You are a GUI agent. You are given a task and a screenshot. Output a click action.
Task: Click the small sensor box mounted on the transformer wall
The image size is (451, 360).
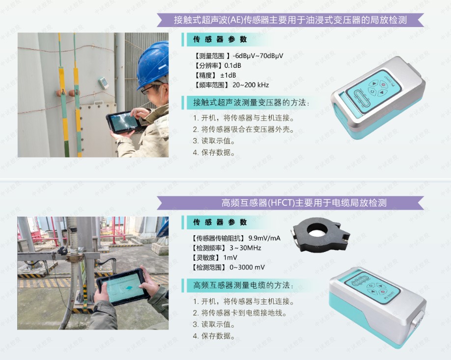[x=103, y=83]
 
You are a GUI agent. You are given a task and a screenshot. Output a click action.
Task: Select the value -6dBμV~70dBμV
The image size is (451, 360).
[x=258, y=56]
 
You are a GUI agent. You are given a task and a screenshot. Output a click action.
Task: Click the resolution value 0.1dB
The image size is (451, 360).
[x=233, y=65]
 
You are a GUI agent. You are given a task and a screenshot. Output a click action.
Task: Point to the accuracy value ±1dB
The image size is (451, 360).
[x=228, y=75]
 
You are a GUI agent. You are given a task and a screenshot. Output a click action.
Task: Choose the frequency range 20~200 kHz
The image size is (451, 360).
[x=251, y=85]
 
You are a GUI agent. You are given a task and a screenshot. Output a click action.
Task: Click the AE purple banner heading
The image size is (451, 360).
[x=290, y=20]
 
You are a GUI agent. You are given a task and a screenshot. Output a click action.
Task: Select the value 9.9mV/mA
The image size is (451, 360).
[x=264, y=238]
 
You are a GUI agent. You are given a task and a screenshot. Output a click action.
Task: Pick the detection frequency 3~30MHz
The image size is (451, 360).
[x=245, y=248]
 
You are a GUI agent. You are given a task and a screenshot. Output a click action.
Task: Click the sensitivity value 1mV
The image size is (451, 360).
[x=230, y=258]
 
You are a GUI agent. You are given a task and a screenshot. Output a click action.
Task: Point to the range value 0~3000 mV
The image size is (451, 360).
[x=247, y=267]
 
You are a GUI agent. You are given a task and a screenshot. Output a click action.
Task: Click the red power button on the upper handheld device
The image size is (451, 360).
[x=383, y=84]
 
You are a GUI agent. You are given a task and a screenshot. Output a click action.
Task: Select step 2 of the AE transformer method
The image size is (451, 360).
[x=244, y=129]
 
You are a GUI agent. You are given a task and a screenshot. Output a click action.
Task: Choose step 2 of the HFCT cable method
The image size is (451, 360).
[x=240, y=313]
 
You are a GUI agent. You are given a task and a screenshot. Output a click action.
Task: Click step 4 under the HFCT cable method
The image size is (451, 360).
[x=214, y=336]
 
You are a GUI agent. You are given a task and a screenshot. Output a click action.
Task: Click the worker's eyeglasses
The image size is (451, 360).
[x=149, y=89]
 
